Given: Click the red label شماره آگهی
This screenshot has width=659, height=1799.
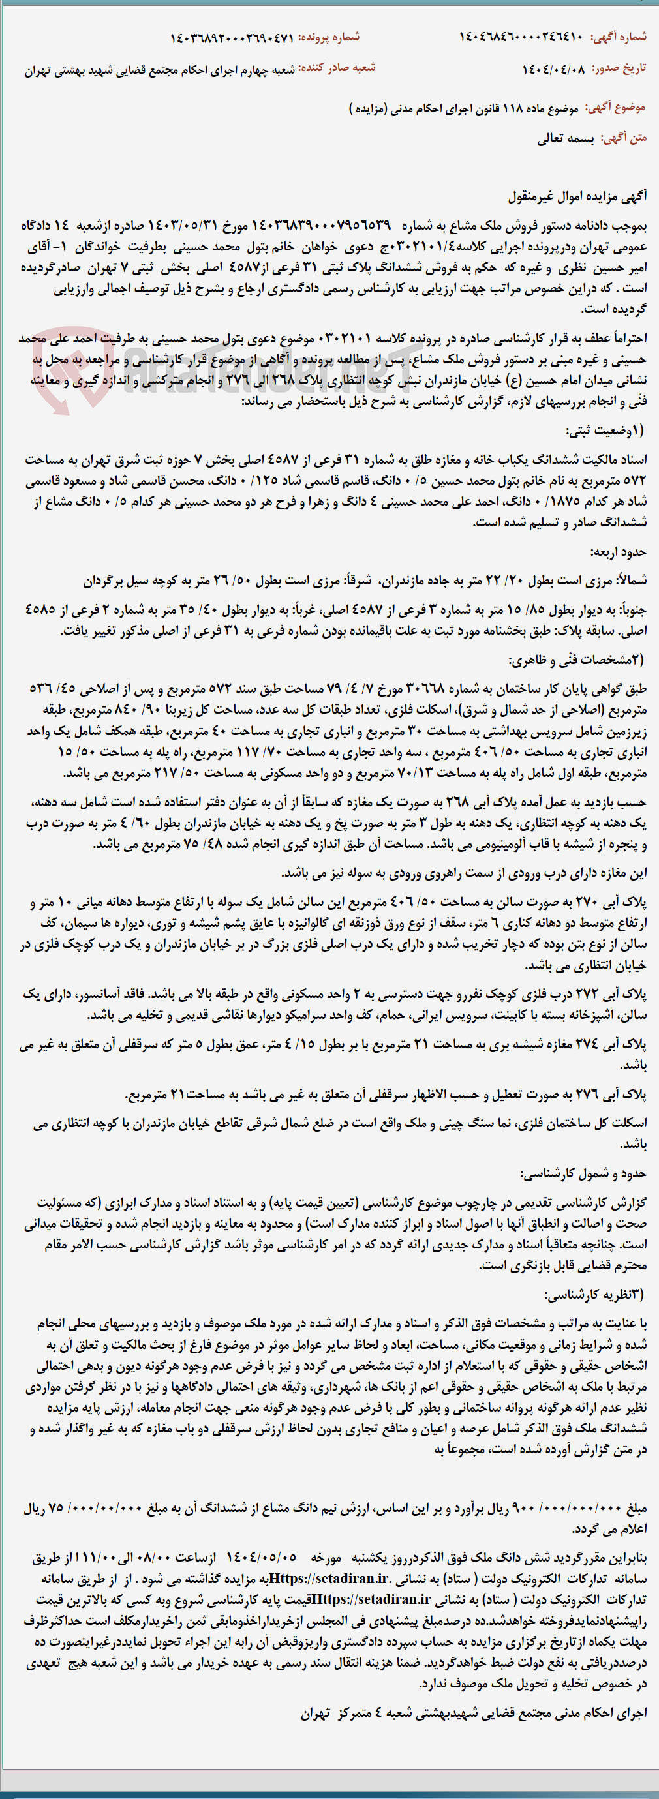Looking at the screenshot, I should tap(619, 37).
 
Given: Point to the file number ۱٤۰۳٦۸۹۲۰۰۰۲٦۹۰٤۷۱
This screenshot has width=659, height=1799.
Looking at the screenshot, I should tap(232, 37).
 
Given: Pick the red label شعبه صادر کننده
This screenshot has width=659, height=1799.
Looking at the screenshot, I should tap(337, 68).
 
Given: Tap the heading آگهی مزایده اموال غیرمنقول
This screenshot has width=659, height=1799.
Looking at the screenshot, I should tap(577, 197).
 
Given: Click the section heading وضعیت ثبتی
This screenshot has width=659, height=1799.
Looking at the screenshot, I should tap(605, 431).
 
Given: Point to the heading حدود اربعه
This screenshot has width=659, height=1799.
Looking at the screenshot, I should tap(618, 552).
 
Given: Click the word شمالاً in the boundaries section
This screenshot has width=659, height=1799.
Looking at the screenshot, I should tap(630, 581).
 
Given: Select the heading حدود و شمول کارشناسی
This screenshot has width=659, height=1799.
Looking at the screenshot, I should tap(583, 1174).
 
